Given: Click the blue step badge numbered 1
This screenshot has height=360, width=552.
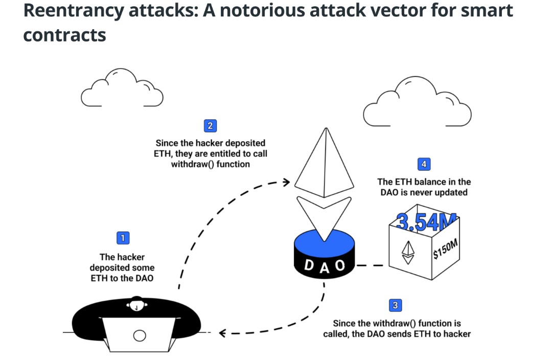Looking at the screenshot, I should point(123,238).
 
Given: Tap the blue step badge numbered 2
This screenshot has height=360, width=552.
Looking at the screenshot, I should point(210,125).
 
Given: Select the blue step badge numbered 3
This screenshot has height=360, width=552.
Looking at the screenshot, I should point(395,305).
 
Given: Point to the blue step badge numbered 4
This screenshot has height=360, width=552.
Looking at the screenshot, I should point(423,164).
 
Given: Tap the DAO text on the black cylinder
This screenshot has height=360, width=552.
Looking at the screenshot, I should point(324,266).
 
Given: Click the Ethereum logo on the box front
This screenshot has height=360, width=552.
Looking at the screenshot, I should point(408,252).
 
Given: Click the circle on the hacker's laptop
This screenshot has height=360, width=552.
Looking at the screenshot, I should point(140,335).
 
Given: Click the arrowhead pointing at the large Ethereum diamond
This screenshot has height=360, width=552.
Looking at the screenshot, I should point(286,182).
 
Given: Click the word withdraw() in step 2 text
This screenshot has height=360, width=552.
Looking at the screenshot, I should point(192,164).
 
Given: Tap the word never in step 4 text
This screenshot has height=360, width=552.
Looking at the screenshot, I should point(429,192).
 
